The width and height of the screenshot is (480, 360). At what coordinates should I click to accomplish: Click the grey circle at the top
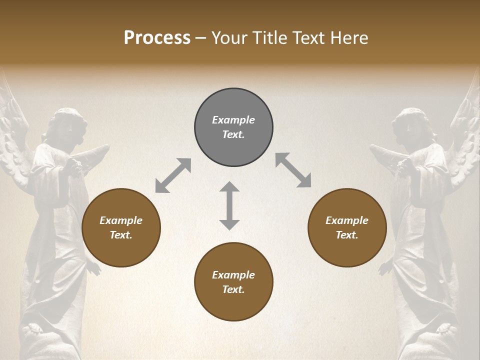coord(233,127)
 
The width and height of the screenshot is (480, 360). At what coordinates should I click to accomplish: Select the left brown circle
coord(121,227)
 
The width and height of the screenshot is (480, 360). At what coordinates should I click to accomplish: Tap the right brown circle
coord(347,227)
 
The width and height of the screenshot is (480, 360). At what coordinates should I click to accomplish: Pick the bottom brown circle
coord(233,282)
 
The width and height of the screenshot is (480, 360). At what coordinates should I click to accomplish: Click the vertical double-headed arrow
coord(229,205)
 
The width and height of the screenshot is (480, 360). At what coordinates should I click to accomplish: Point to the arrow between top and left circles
coord(173,175)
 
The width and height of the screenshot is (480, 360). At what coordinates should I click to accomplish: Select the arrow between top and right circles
coord(293,170)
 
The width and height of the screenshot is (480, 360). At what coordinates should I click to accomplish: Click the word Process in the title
coord(157,38)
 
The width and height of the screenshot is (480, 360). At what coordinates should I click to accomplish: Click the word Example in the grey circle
coord(233,120)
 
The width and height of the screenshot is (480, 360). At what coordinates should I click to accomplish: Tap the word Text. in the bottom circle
coord(233,289)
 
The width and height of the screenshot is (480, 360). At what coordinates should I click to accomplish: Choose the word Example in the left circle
coord(121,220)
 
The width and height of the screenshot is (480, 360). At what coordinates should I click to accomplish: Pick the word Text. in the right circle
coord(347,235)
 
